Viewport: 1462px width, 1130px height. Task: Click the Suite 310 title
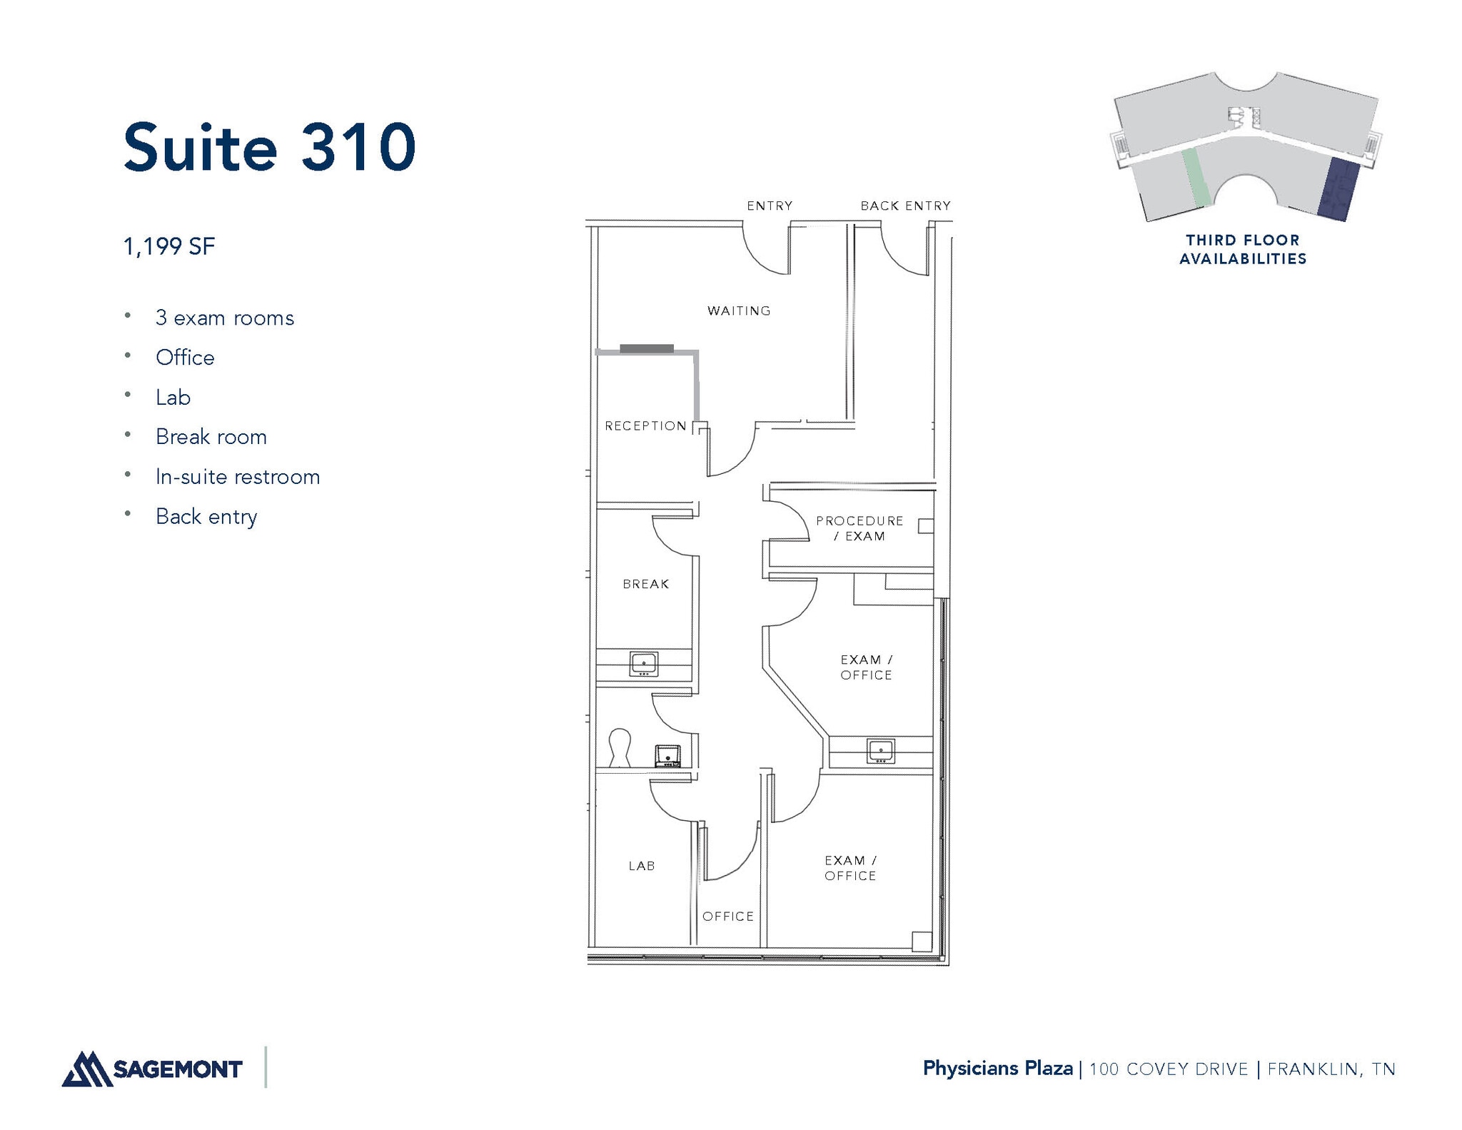[269, 148]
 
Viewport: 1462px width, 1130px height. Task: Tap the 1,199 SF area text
[169, 247]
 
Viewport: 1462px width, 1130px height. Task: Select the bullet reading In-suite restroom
[237, 477]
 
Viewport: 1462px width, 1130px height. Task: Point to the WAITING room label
[739, 311]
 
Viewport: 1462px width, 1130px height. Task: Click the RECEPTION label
[645, 426]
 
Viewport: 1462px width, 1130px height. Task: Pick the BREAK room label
[646, 584]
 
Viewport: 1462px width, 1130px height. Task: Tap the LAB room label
[642, 866]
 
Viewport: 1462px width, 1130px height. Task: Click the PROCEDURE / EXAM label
[859, 528]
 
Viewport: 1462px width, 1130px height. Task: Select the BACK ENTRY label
[905, 206]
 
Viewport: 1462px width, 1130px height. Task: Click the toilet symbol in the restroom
[619, 747]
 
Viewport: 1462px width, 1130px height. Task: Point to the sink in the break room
[643, 664]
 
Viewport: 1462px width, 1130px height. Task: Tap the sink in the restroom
[668, 755]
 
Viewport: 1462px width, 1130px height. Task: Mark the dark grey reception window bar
[646, 348]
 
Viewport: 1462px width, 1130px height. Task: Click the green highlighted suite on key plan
[1195, 178]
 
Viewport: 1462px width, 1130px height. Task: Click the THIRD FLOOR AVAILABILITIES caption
[1242, 250]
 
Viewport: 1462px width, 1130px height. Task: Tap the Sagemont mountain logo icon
[86, 1069]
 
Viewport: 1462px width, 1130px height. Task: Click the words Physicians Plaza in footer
[997, 1069]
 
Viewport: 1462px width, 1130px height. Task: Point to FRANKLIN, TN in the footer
[1331, 1069]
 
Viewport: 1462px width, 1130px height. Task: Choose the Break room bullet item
[211, 437]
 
